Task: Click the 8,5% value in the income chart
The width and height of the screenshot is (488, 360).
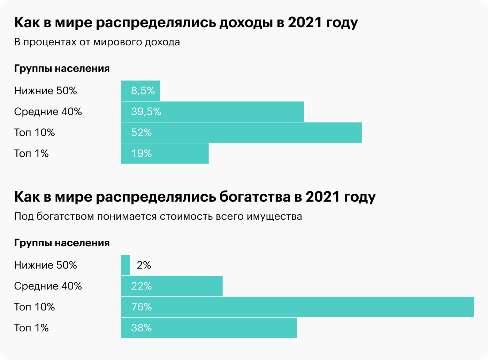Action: tap(143, 91)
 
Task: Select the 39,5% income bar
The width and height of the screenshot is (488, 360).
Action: tap(212, 112)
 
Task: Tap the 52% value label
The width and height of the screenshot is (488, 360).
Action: tap(142, 133)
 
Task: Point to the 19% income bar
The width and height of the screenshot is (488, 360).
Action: tap(165, 153)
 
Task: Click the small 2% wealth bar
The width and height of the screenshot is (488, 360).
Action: tap(125, 265)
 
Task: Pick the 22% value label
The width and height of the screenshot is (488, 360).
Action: tap(142, 286)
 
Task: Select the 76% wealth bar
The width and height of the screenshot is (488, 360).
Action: tap(297, 307)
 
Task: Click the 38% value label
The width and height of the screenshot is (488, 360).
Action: tap(142, 328)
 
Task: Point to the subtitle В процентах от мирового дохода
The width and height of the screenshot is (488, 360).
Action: tap(97, 42)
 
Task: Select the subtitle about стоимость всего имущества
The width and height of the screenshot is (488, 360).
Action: tap(158, 217)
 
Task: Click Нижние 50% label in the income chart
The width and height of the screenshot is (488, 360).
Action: tap(45, 91)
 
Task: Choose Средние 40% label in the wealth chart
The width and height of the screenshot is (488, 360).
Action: tap(48, 286)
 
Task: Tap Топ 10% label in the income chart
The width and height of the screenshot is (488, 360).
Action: tap(35, 133)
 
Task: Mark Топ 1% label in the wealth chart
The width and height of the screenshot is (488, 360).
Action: tap(31, 328)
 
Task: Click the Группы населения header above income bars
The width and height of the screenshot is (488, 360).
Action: tap(62, 69)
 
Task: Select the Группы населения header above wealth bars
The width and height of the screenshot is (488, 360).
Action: tap(62, 243)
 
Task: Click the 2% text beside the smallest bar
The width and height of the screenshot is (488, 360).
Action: tap(144, 265)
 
